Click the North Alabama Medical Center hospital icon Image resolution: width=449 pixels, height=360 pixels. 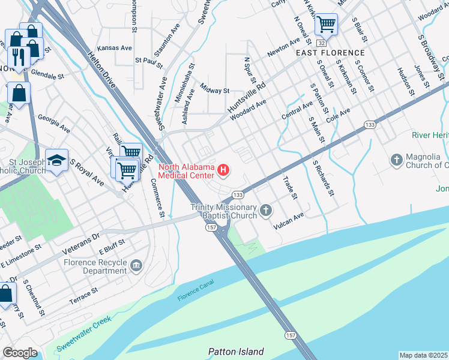(224, 172)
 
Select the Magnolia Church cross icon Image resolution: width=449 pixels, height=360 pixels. (396, 160)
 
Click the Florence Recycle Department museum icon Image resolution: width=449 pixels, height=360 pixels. (136, 265)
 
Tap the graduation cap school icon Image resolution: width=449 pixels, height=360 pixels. (56, 160)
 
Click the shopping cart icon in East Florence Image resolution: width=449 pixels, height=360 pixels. (326, 24)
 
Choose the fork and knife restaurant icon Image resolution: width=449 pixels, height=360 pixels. (19, 56)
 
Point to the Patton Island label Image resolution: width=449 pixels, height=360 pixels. (235, 352)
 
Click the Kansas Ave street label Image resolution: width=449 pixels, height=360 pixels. (114, 48)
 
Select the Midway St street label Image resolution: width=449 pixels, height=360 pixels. (215, 91)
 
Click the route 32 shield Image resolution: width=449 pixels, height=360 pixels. (322, 43)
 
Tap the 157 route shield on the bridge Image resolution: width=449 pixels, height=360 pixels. (291, 335)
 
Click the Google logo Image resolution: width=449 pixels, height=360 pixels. (20, 352)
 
